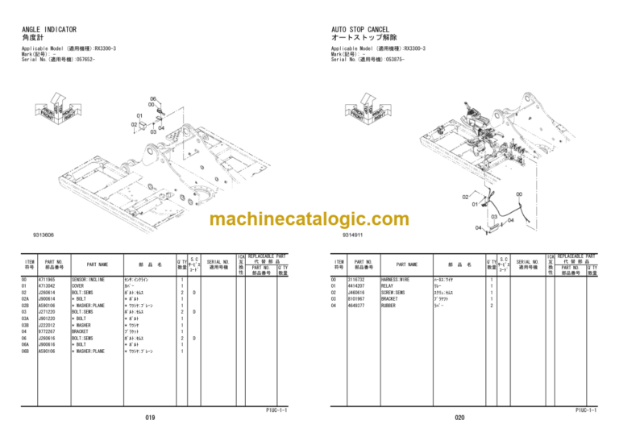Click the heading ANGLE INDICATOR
[x=55, y=30]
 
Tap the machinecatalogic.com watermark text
[x=309, y=219]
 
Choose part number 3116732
[x=357, y=279]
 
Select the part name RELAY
[x=388, y=285]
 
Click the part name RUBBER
[x=389, y=305]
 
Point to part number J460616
[x=357, y=292]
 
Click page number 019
[x=150, y=418]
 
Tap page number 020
[x=459, y=418]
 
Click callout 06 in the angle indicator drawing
[x=152, y=98]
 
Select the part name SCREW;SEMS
[x=394, y=292]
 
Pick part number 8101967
[x=357, y=298]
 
